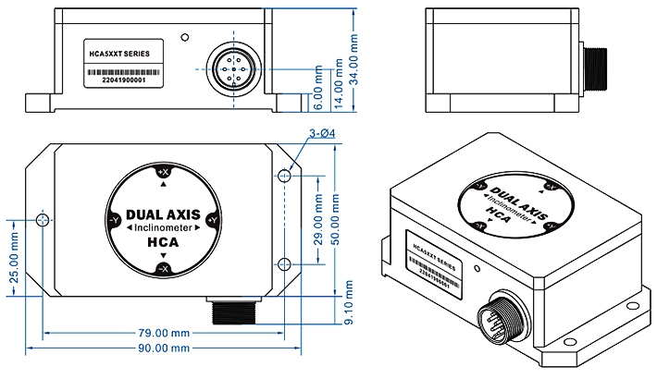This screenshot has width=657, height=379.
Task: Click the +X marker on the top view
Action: pos(163,172)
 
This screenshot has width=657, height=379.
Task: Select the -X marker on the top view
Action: pos(163,268)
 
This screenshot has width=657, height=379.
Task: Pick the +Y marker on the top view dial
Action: pos(212,220)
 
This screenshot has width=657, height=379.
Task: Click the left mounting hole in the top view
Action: pos(42,220)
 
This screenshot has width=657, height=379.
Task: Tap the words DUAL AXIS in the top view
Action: pos(163,211)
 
